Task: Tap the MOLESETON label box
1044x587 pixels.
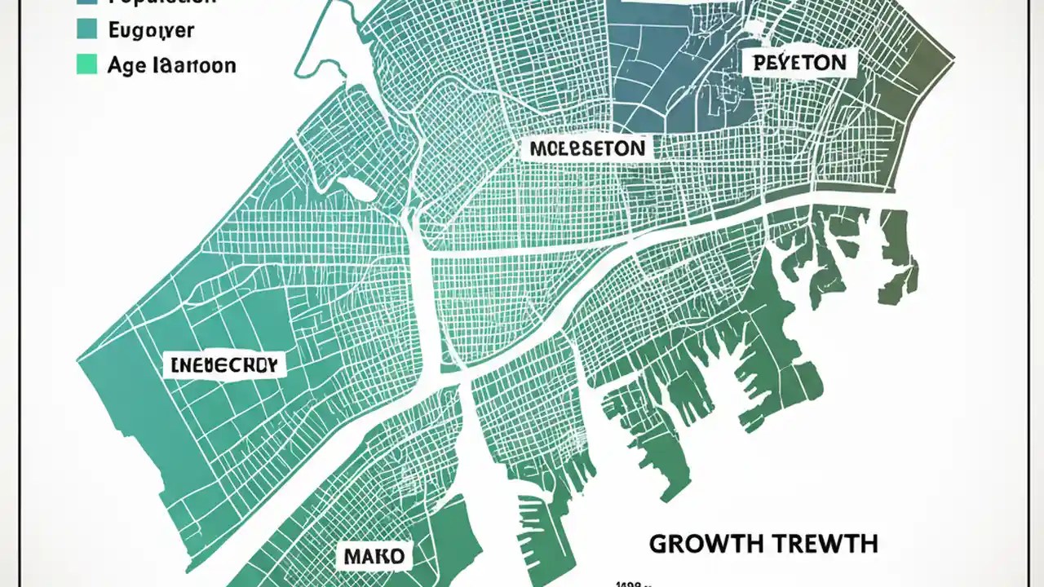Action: click(586, 148)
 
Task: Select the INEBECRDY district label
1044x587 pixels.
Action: click(224, 365)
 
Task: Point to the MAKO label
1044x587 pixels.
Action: click(374, 557)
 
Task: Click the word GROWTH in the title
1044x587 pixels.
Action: click(706, 544)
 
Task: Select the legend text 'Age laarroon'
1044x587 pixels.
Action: click(171, 65)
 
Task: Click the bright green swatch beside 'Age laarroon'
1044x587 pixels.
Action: click(86, 64)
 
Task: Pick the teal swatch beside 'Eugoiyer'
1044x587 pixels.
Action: click(86, 29)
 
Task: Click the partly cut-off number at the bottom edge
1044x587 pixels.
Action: click(630, 582)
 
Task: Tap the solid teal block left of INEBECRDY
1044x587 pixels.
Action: click(122, 408)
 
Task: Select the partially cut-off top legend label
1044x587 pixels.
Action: click(163, 3)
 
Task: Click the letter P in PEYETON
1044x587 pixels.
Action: click(759, 63)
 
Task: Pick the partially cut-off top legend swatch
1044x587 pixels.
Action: click(86, 2)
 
